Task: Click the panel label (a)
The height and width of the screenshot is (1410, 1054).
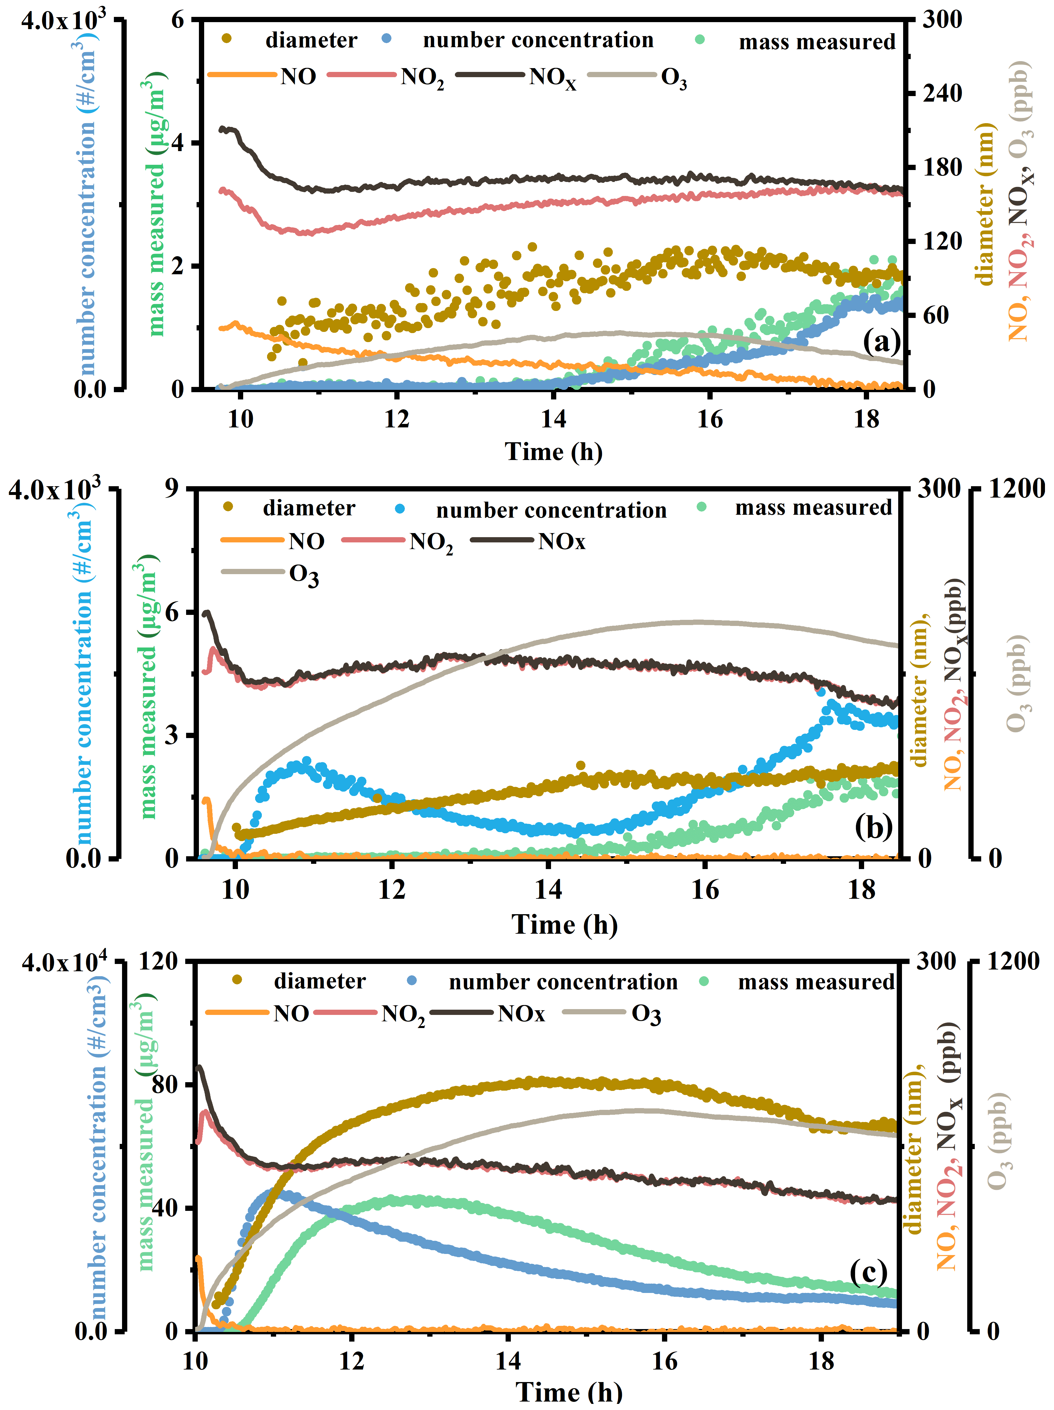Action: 881,342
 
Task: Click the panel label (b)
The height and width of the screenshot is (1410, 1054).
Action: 873,827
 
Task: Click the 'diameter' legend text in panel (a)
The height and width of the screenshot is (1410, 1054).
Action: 311,40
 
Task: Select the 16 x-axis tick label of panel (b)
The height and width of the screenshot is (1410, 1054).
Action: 705,889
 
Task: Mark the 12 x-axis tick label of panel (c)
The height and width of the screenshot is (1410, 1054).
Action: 351,1362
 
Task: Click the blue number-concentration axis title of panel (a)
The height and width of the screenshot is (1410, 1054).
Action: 86,204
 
